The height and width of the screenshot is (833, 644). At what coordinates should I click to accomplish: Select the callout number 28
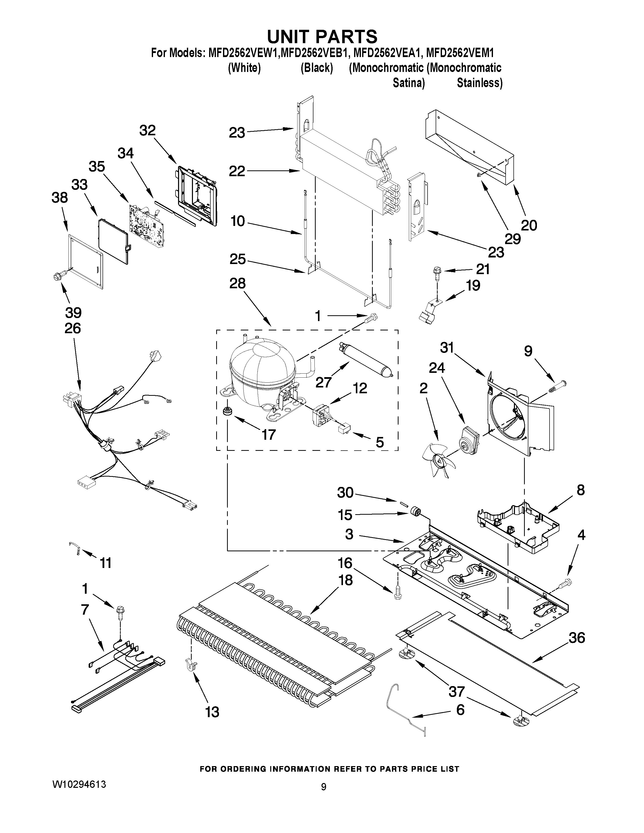point(237,284)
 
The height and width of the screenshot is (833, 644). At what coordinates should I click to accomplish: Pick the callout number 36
point(577,637)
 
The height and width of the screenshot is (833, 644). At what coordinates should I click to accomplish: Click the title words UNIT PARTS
point(321,37)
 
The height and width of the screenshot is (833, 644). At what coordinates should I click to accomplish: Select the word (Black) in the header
point(317,68)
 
